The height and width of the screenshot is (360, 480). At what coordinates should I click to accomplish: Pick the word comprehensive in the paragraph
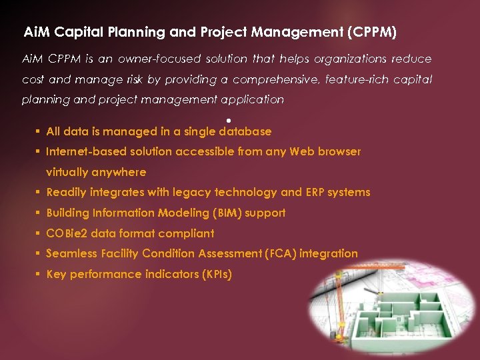tap(276, 79)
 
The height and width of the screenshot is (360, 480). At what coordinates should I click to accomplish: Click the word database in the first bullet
tap(245, 131)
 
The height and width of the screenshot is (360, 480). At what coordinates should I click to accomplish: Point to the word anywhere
tap(119, 172)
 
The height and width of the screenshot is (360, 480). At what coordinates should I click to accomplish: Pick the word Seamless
tap(71, 253)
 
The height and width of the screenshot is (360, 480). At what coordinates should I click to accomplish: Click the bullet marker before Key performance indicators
tap(39, 274)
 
